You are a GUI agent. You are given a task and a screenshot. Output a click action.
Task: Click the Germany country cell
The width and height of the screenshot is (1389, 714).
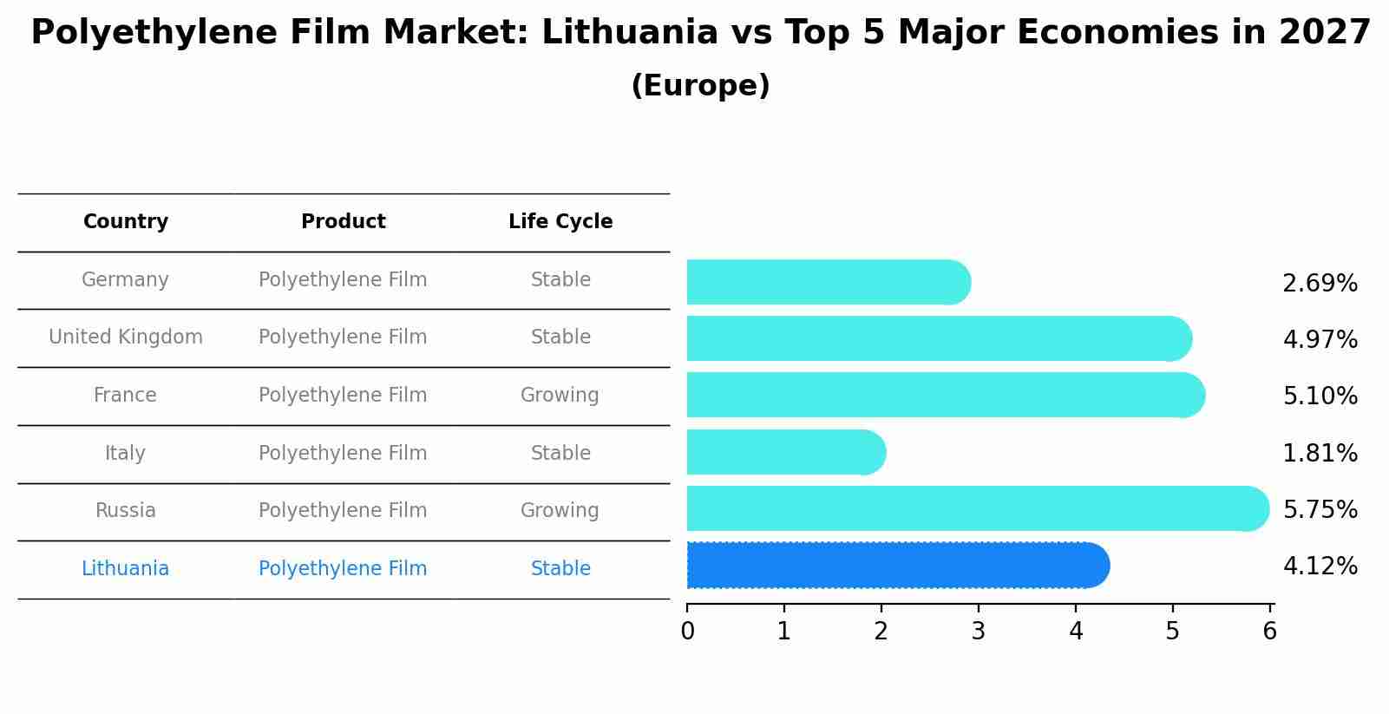click(125, 280)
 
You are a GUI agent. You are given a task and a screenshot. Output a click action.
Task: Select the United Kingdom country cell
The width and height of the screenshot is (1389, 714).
click(126, 337)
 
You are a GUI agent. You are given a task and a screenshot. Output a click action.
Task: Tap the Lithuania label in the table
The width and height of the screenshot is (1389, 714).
click(125, 569)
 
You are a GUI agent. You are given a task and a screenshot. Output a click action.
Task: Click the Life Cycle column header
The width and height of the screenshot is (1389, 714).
click(560, 222)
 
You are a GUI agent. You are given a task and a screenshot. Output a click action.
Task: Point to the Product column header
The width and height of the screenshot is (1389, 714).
click(343, 222)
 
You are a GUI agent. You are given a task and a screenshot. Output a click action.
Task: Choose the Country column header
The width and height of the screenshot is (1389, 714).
click(126, 222)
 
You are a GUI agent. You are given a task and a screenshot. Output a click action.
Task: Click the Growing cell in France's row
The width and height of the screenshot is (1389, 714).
click(560, 396)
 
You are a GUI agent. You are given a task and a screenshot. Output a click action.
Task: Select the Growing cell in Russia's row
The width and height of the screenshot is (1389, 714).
click(560, 511)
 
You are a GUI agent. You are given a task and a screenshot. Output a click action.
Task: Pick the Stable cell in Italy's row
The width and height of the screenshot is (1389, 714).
click(560, 454)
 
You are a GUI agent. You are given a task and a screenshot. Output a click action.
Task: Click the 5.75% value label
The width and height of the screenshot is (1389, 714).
click(1320, 510)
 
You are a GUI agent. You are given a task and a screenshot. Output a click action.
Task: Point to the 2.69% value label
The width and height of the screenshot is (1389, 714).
click(1320, 284)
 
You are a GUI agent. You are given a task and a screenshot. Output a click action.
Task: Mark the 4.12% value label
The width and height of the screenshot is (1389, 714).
click(1320, 567)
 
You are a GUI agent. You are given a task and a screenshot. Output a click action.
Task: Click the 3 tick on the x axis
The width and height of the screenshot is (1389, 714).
click(979, 632)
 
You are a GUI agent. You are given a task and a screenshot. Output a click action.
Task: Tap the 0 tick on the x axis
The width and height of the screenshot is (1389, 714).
click(687, 632)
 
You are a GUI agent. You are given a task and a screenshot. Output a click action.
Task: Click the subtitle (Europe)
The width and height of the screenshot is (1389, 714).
click(700, 86)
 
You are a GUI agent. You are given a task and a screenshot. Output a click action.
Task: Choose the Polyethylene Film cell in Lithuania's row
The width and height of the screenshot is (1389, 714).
click(343, 569)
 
